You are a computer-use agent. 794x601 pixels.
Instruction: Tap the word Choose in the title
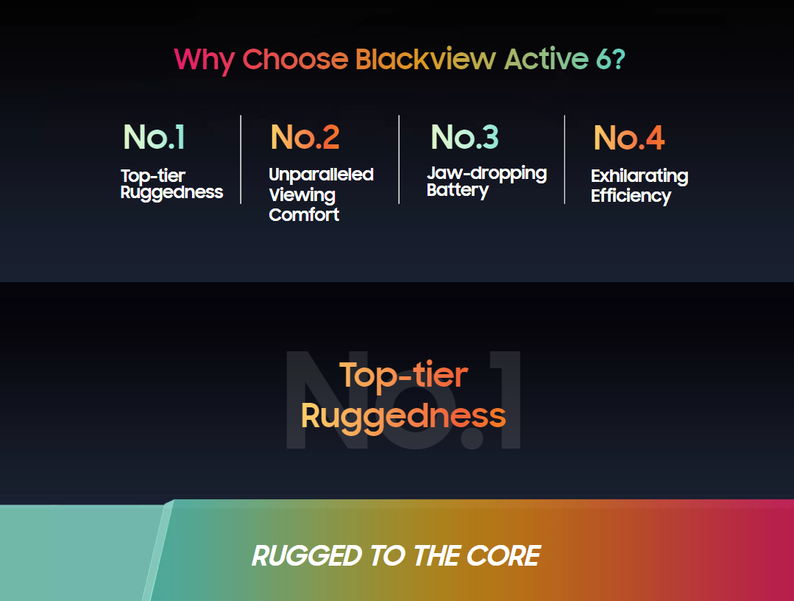coord(295,59)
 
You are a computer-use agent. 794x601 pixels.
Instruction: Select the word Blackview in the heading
coord(425,59)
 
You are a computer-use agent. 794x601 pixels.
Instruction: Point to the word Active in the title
coord(547,59)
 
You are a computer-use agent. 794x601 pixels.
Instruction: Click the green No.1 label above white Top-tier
coord(155,137)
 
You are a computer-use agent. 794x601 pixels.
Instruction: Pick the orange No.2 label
coord(305,137)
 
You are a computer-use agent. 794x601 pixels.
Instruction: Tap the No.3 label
coord(465,137)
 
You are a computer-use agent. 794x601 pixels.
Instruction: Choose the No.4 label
coord(629,138)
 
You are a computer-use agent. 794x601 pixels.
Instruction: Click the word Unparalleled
coord(321,175)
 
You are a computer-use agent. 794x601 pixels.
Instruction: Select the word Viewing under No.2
coord(302,195)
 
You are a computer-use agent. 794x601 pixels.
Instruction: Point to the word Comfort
coord(304,214)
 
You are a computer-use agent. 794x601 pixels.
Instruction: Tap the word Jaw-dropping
coord(486,173)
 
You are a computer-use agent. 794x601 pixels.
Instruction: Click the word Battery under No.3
coord(457,190)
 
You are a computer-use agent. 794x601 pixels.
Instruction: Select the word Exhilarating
coord(639,176)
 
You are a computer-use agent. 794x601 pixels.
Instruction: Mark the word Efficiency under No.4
coord(631,196)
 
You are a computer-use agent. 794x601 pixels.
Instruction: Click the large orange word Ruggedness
coord(403,417)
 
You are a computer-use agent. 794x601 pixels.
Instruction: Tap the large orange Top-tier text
coord(403,376)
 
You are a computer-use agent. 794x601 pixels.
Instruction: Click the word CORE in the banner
coord(503,556)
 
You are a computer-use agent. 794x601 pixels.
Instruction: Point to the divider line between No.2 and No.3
coord(399,160)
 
